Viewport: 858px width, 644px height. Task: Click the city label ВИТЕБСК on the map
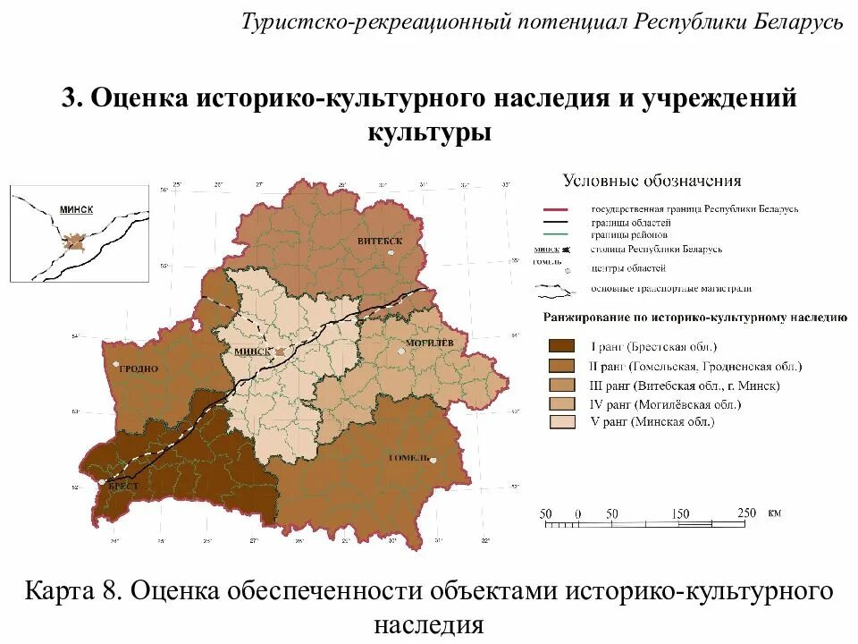click(380, 241)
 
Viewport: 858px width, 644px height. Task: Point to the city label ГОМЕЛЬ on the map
click(410, 458)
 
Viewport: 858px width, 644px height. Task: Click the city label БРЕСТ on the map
click(122, 485)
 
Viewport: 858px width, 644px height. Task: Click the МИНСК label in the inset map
click(76, 208)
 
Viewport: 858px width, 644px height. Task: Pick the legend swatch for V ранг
click(562, 422)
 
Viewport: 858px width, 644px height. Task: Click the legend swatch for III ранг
click(562, 385)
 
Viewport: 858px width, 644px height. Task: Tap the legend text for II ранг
click(695, 367)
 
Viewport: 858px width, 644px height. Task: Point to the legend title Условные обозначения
click(651, 181)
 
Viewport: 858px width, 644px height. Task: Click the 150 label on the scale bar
click(681, 513)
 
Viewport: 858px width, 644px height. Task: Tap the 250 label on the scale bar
click(746, 513)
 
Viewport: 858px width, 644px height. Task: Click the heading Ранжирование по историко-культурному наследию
click(695, 318)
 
